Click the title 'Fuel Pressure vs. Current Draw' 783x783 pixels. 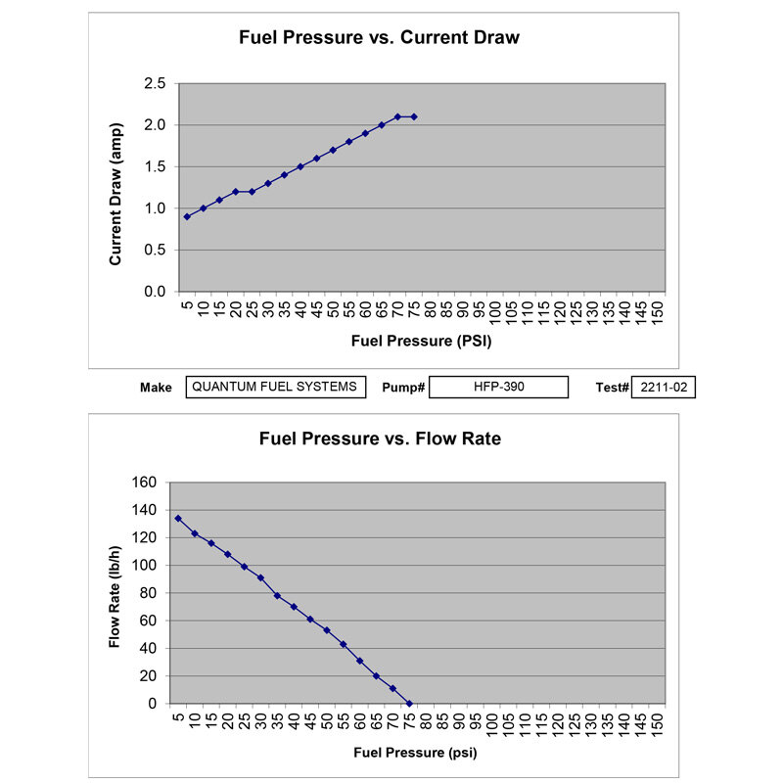click(x=380, y=39)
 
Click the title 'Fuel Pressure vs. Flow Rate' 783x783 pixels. click(x=380, y=438)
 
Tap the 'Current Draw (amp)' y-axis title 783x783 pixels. click(x=115, y=195)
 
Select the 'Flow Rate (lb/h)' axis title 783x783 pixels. click(x=115, y=592)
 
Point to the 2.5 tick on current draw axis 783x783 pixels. click(x=154, y=84)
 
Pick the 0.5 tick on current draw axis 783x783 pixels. click(x=154, y=251)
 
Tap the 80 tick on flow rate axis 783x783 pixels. click(x=149, y=593)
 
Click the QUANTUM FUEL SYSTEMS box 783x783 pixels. click(x=275, y=387)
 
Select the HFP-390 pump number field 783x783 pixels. click(x=499, y=387)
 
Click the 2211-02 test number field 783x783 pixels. click(x=664, y=387)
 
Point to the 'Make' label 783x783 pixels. click(x=156, y=388)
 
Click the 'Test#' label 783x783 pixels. click(x=612, y=388)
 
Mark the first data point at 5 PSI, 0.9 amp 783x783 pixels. click(x=187, y=216)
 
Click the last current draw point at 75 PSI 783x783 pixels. click(x=414, y=116)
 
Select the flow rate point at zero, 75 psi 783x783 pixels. click(x=409, y=704)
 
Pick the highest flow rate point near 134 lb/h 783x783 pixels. click(x=178, y=519)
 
